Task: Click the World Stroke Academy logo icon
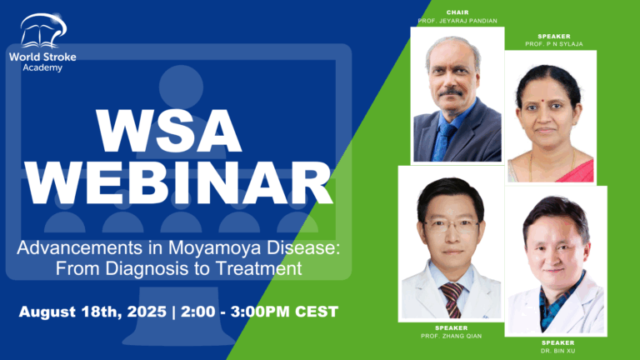point(42,31)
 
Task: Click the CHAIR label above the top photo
point(457,12)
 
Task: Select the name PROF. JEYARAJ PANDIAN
point(457,21)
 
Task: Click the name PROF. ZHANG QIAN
point(450,336)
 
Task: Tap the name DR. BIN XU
point(557,350)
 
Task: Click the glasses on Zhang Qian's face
point(451,224)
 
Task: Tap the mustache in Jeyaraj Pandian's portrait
point(451,91)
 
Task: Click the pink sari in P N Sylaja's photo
point(575,171)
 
